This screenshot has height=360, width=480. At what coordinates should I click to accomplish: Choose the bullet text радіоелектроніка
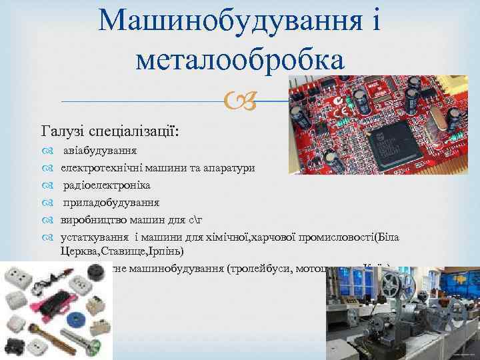[107, 185]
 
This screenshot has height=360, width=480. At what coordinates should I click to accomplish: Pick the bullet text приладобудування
[111, 203]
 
